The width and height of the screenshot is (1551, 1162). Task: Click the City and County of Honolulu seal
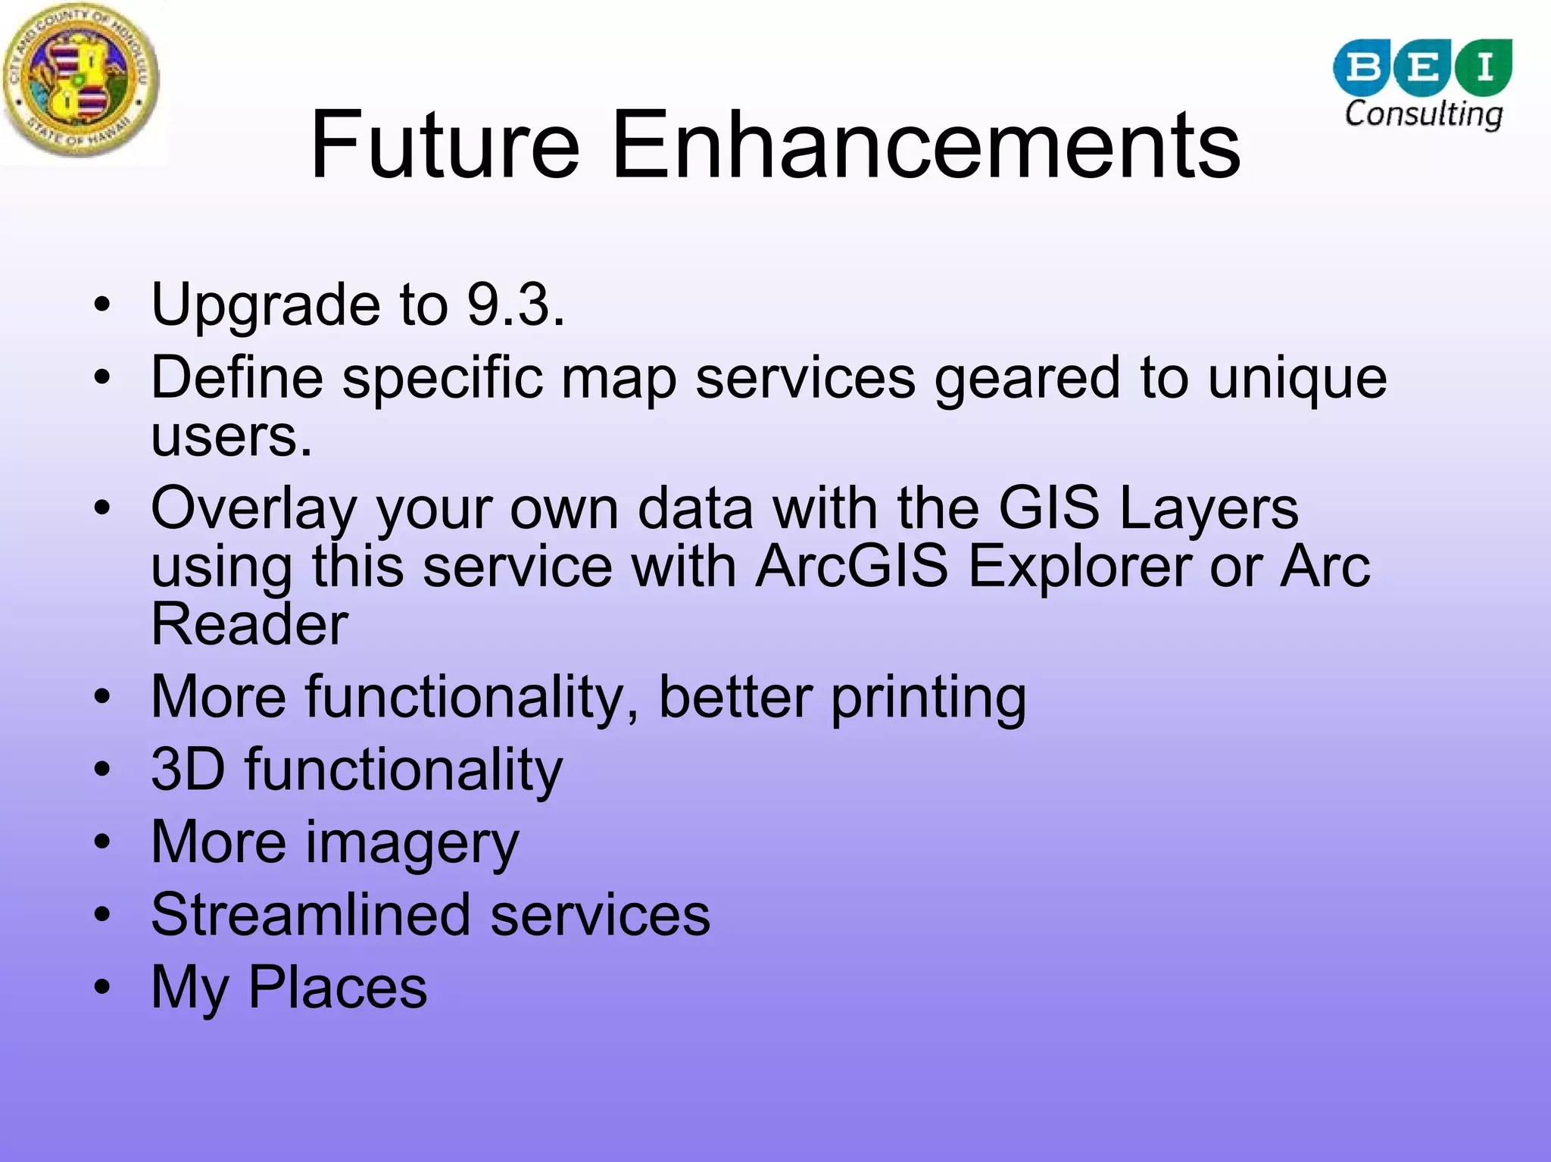point(81,80)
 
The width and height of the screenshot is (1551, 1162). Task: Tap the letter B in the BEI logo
point(1363,67)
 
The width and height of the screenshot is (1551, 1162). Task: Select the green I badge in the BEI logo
point(1484,67)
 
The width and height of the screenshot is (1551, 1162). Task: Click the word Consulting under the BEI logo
point(1423,114)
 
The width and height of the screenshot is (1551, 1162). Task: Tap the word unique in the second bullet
point(1297,379)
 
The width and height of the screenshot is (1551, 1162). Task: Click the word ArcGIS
point(852,566)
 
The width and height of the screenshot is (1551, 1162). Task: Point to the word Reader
point(250,624)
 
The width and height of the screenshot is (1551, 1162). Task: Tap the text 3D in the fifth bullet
point(188,770)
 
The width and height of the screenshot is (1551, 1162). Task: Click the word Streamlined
point(311,914)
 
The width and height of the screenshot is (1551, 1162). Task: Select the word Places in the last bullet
point(338,987)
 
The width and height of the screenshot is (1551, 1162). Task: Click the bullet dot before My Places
point(102,987)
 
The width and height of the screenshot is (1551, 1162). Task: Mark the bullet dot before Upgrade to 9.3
point(102,305)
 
